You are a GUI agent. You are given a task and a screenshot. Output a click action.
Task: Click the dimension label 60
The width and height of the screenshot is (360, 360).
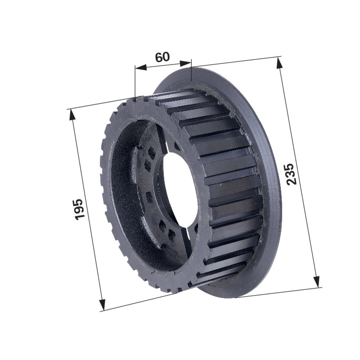(162, 57)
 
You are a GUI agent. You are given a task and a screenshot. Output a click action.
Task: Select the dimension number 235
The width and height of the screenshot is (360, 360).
(292, 174)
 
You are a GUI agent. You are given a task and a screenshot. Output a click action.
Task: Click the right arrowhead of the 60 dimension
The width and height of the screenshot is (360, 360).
(185, 63)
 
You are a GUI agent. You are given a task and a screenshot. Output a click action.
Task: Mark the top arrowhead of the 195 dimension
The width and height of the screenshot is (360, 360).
(72, 114)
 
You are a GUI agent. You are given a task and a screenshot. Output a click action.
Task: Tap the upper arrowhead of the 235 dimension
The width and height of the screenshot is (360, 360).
(279, 63)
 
